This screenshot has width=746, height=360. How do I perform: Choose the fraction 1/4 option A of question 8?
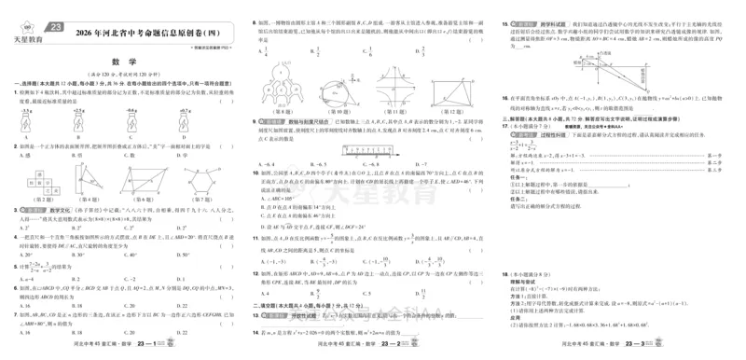coord(269,53)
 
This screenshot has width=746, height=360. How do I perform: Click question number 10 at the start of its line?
coord(256,174)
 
